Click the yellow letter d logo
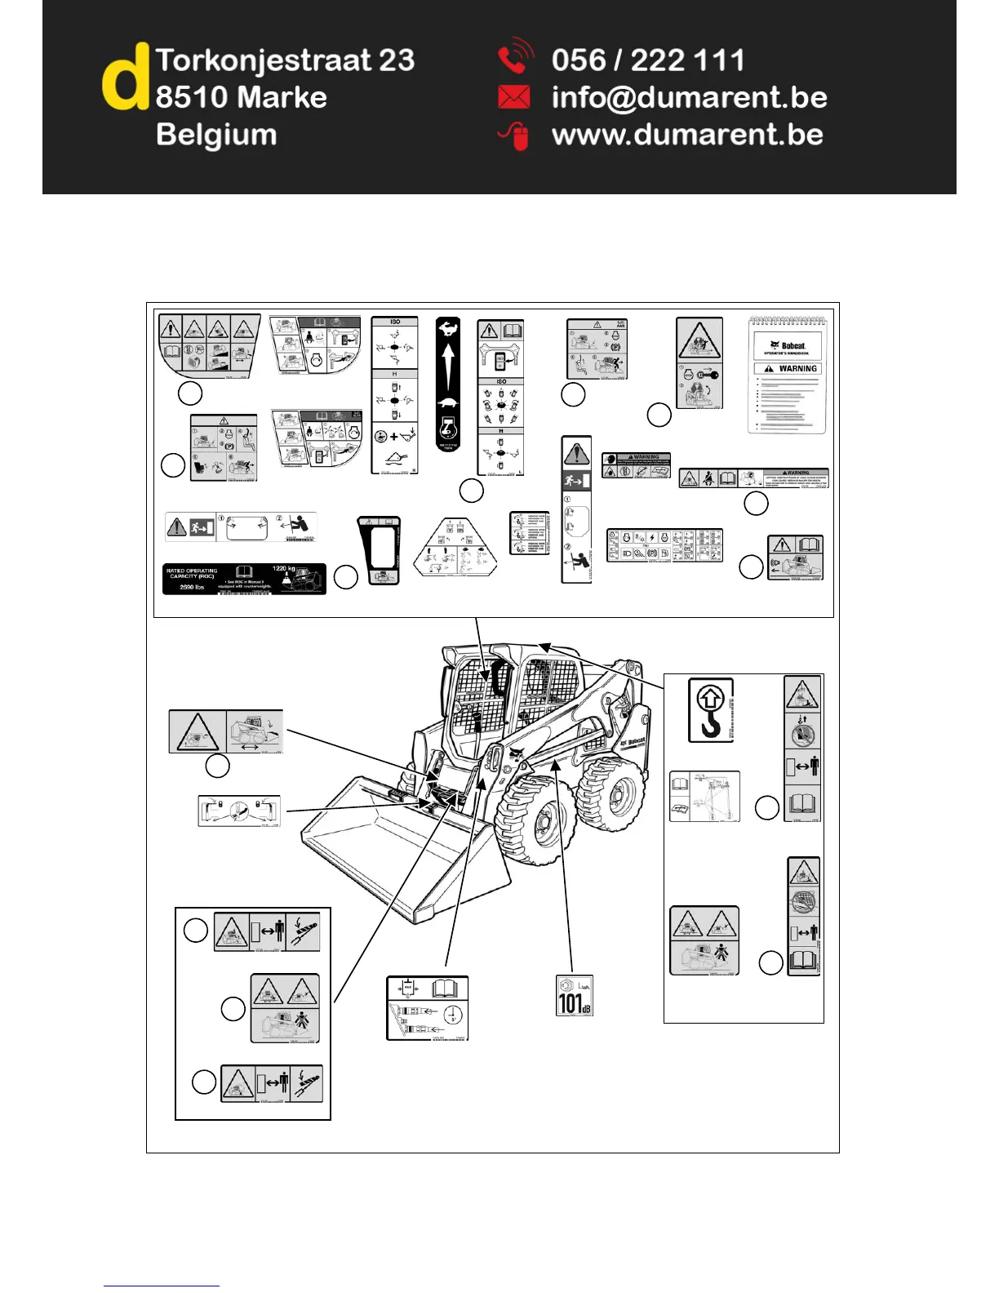(125, 78)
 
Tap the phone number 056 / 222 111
(648, 60)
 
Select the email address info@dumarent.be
(689, 98)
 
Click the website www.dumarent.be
(687, 135)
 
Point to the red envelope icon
(513, 98)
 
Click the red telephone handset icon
(514, 59)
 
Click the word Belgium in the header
(216, 135)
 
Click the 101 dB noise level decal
(575, 996)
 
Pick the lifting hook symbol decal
(711, 709)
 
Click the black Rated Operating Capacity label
(244, 578)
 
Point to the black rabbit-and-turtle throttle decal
(447, 384)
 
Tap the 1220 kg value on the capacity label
(283, 568)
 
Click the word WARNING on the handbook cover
(797, 369)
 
